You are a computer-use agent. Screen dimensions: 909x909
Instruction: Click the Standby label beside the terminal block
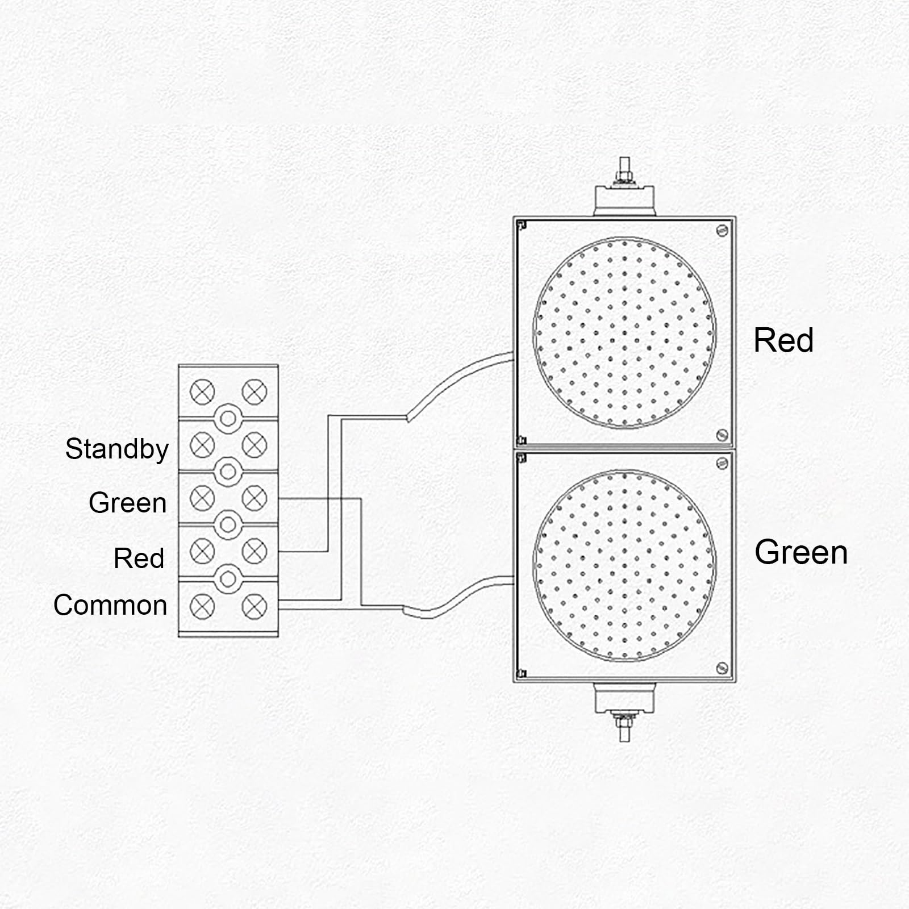coord(117,449)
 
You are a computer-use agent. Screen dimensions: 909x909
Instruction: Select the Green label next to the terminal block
coord(128,503)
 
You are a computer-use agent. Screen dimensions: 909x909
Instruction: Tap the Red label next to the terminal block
coord(139,558)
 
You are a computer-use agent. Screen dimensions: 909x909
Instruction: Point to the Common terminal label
coord(110,605)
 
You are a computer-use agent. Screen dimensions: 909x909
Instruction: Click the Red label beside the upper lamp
coord(783,340)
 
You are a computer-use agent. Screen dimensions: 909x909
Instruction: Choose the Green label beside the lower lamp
coord(801,552)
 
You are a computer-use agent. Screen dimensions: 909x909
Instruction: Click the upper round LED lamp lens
coord(624,332)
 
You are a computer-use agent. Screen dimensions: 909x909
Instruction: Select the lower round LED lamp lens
coord(624,565)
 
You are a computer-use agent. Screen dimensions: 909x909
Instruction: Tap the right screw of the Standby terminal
coord(255,445)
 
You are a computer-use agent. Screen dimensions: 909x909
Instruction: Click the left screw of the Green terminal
coord(202,498)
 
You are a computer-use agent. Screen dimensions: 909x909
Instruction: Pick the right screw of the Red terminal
coord(255,551)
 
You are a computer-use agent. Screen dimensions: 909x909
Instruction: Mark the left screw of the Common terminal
coord(202,606)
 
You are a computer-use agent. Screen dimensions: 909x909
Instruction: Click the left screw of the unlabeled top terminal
coord(202,391)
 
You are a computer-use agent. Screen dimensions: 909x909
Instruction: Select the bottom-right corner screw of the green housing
coord(722,667)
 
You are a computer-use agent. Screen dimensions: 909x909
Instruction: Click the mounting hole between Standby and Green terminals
coord(228,472)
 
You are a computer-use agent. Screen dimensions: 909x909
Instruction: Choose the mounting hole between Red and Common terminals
coord(228,578)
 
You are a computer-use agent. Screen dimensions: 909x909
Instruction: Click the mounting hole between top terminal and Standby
coord(228,419)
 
